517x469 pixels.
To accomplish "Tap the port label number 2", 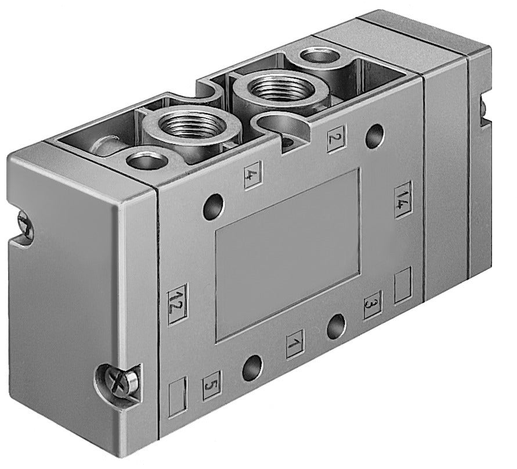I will click(336, 138).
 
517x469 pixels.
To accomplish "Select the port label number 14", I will click(403, 201).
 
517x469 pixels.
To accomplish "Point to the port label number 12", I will click(177, 304).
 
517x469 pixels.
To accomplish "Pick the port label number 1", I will click(295, 344).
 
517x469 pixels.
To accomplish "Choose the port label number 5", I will click(211, 385).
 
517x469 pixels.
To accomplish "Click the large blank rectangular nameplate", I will click(287, 253).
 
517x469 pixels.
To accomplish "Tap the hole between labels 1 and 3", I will click(336, 327).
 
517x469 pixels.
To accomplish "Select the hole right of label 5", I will click(252, 367).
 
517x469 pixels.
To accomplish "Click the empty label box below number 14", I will click(403, 285).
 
